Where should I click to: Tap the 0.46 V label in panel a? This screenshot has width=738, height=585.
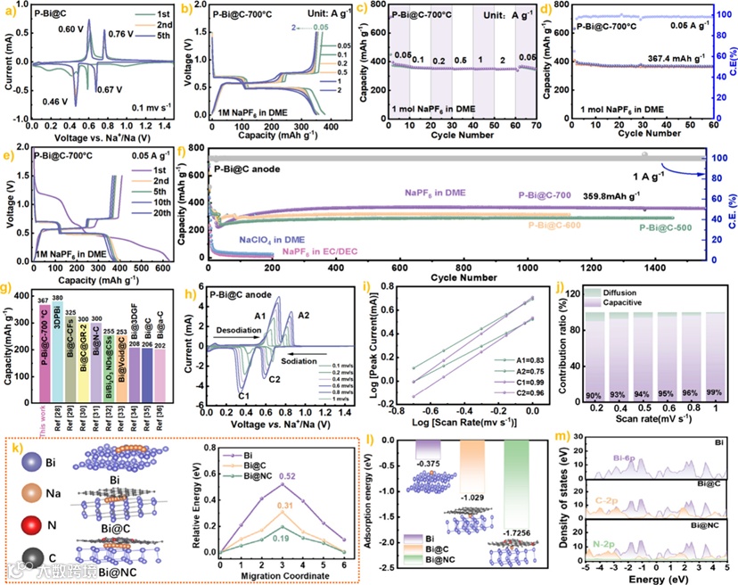point(55,102)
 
